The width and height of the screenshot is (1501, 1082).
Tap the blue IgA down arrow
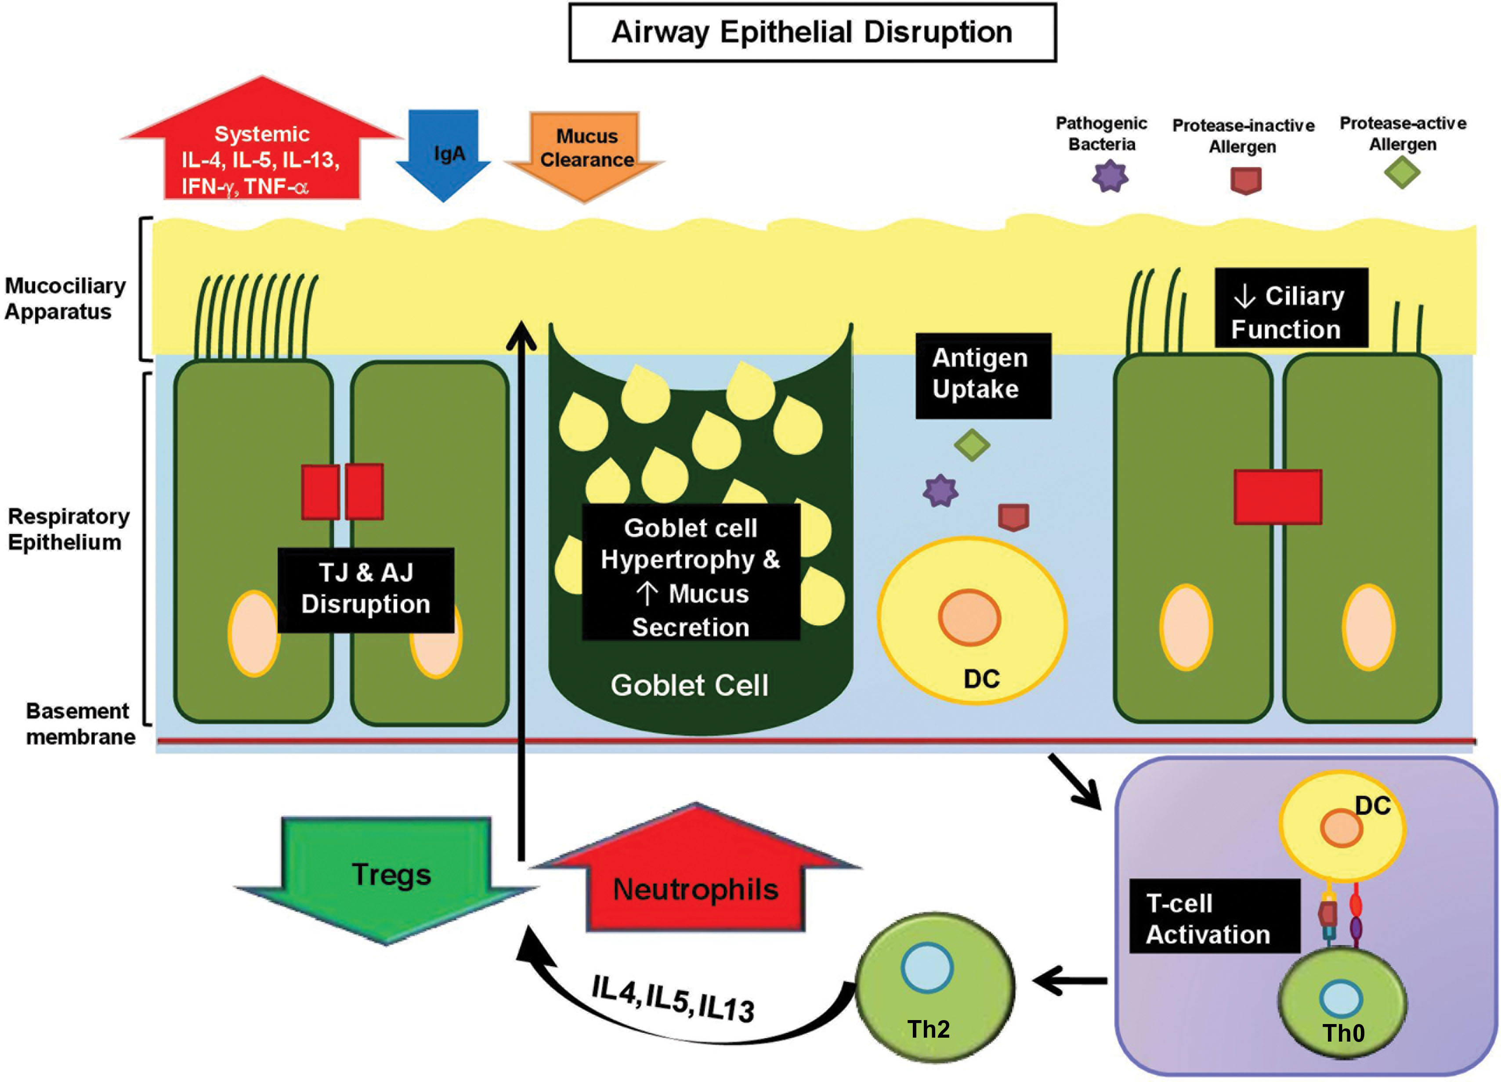443,154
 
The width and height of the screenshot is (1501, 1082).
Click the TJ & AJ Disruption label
365,589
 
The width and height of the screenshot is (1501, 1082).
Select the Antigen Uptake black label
982,375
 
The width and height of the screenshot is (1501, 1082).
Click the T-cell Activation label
1213,919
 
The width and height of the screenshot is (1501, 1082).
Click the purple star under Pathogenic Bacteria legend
1110,177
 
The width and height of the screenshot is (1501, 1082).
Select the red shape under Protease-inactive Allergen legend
1245,180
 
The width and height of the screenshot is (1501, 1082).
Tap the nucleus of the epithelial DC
969,617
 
